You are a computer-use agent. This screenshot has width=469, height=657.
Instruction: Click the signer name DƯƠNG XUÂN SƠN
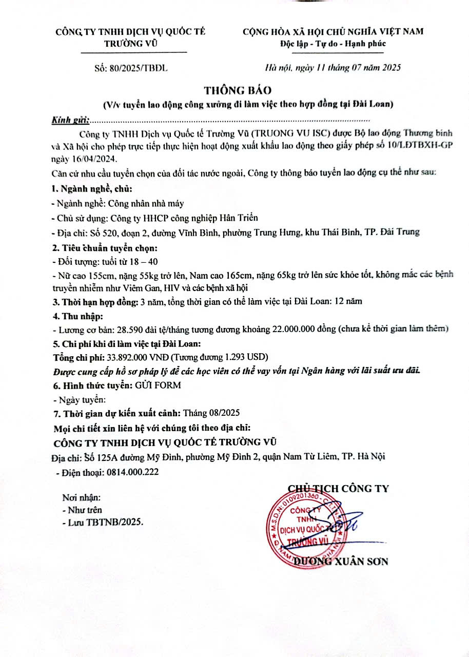pyautogui.click(x=341, y=561)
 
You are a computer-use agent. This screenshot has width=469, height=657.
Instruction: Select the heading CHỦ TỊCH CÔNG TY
pyautogui.click(x=338, y=488)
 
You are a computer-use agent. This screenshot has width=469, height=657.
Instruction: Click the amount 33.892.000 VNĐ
pyautogui.click(x=138, y=356)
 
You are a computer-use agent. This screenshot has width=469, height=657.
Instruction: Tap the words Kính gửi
pyautogui.click(x=71, y=120)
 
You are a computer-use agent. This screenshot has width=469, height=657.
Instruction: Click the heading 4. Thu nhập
pyautogui.click(x=78, y=315)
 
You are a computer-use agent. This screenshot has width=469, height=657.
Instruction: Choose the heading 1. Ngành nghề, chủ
pyautogui.click(x=92, y=190)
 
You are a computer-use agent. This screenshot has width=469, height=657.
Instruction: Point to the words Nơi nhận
pyautogui.click(x=81, y=497)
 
